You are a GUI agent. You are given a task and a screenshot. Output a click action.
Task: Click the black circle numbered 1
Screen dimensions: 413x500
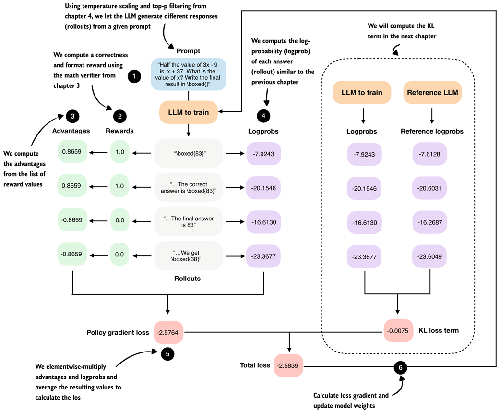134,76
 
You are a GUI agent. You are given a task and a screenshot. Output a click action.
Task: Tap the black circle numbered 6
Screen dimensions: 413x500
401,367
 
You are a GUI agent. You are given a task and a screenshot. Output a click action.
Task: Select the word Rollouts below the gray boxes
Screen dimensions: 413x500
188,278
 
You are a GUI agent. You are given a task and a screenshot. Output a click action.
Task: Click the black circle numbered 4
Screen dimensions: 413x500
263,115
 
